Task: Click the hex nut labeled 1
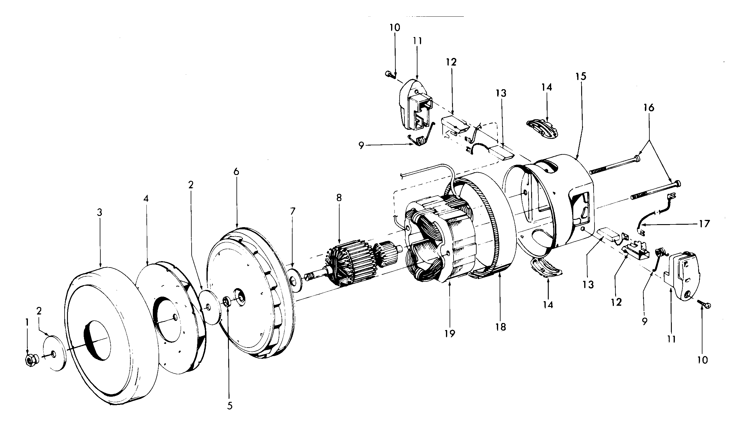pos(30,359)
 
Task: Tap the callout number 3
pos(100,213)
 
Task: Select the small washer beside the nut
pos(54,353)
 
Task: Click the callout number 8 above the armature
pos(339,198)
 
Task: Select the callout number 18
pos(501,327)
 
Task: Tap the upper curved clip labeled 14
pos(543,128)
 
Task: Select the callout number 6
pos(236,172)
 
